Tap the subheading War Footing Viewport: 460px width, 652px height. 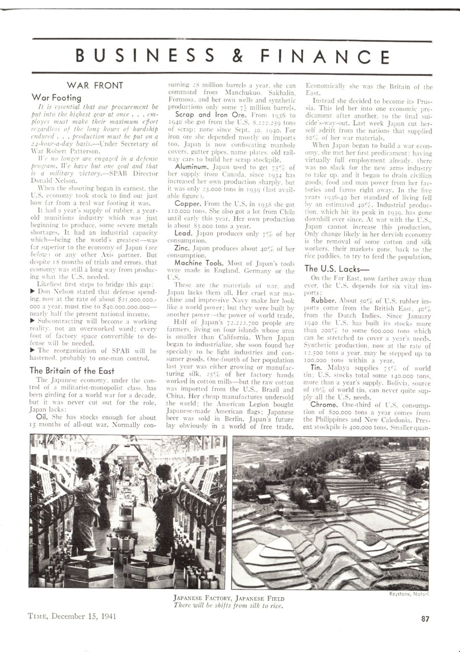click(x=56, y=98)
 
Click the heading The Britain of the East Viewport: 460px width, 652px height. click(x=72, y=371)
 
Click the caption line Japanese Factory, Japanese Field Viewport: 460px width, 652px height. click(x=229, y=599)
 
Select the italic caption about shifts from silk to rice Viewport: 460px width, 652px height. click(x=229, y=606)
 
